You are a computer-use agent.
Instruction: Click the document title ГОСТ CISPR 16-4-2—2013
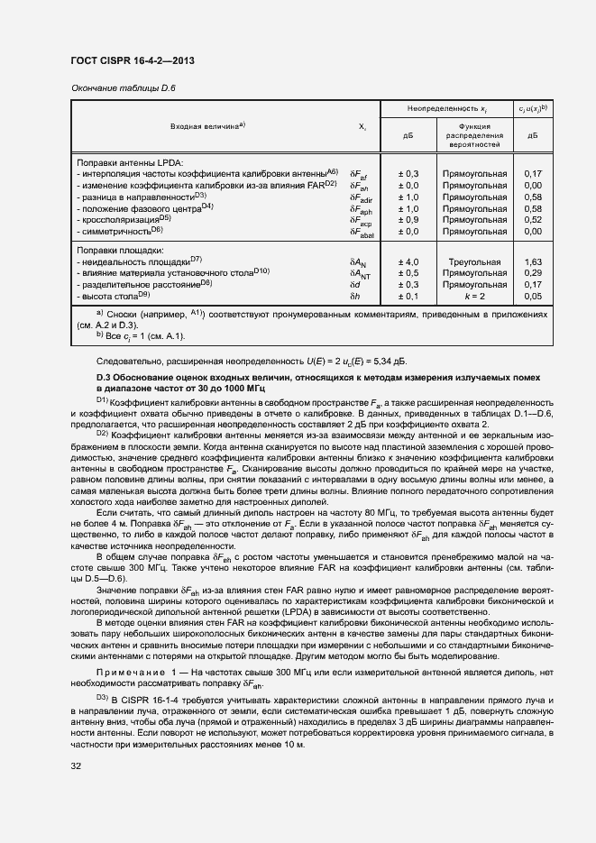[132, 60]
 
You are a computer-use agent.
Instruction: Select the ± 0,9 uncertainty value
[408, 219]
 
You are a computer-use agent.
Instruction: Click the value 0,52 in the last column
[532, 219]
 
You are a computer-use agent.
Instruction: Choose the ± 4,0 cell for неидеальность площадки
[408, 261]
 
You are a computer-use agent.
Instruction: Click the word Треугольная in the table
[474, 261]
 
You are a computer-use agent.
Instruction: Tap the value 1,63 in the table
[532, 261]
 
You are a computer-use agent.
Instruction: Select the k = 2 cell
[474, 296]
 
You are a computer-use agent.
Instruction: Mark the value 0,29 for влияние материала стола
[532, 272]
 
